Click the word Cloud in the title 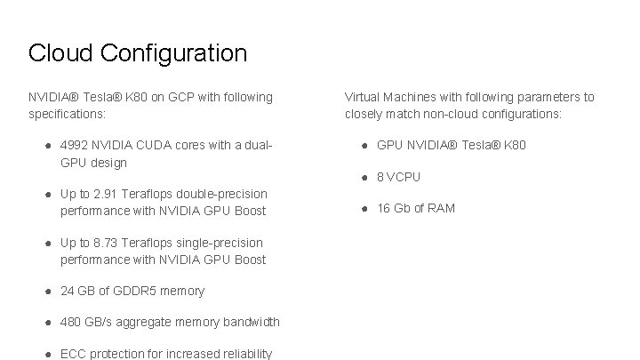point(60,53)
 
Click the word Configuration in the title point(173,54)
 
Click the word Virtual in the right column point(363,97)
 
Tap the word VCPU point(404,177)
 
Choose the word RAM point(441,208)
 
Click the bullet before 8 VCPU point(364,177)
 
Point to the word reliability point(242,354)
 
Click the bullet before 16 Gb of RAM point(364,208)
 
